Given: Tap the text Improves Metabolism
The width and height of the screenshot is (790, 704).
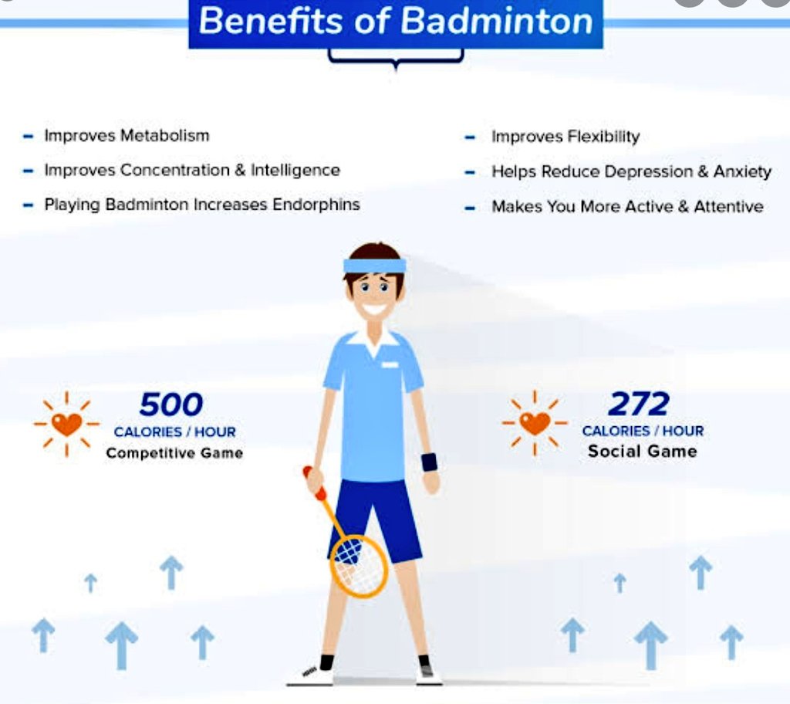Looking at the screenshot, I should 127,136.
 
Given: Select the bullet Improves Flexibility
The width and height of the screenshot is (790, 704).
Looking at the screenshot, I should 565,137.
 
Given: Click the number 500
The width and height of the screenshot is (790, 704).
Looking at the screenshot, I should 171,404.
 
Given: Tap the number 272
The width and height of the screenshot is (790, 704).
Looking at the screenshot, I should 639,404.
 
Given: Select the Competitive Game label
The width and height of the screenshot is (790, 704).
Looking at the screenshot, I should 174,453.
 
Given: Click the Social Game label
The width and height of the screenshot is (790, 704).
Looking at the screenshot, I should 642,452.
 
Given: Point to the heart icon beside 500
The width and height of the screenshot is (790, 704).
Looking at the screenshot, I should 66,424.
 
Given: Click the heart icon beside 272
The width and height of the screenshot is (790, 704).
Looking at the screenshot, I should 535,422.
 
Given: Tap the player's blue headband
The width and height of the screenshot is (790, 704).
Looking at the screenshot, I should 375,266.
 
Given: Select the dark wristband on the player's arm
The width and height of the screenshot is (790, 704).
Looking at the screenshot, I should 429,462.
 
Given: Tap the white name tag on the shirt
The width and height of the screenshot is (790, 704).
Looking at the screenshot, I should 390,364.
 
